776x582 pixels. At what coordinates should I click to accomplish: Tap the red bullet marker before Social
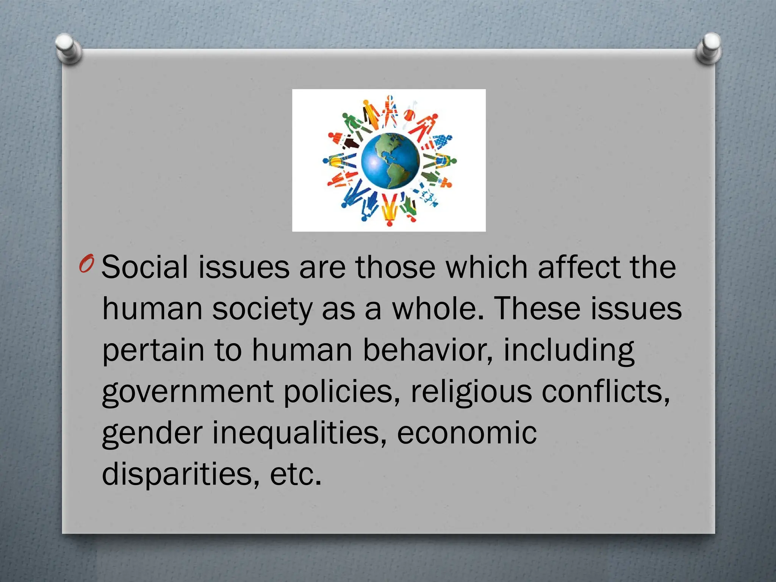pos(86,265)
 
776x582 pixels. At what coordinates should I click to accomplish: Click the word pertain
pos(153,351)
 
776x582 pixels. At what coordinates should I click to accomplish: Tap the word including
pos(568,351)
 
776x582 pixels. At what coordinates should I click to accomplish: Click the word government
pos(188,392)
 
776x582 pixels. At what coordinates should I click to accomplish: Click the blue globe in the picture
pos(390,160)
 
